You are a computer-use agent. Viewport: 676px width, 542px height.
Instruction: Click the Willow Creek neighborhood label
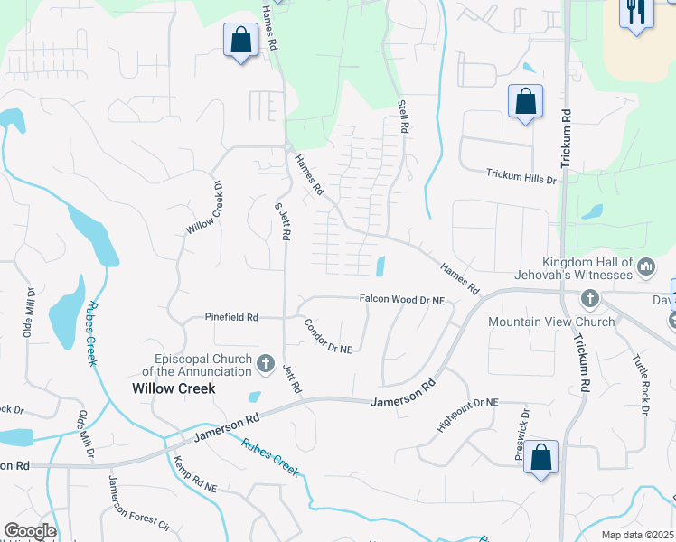[x=174, y=388]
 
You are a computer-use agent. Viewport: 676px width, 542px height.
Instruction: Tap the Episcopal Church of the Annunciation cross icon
[x=266, y=364]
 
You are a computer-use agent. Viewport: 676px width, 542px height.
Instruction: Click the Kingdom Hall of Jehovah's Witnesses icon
[x=646, y=267]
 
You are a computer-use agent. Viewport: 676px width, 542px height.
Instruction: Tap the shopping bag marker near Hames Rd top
[x=240, y=41]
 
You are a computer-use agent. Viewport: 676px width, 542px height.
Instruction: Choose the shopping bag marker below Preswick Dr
[x=541, y=458]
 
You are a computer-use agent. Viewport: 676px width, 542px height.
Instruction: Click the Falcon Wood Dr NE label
[x=402, y=299]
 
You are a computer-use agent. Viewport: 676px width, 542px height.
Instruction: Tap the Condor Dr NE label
[x=327, y=337]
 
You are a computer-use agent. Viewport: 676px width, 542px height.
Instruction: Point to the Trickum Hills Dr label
[x=521, y=175]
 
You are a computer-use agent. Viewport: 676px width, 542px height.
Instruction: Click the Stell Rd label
[x=403, y=117]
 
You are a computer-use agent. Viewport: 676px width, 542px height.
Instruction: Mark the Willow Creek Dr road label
[x=203, y=209]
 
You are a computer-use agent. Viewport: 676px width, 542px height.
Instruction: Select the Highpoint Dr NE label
[x=467, y=414]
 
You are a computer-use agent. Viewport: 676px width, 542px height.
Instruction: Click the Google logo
[x=30, y=531]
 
